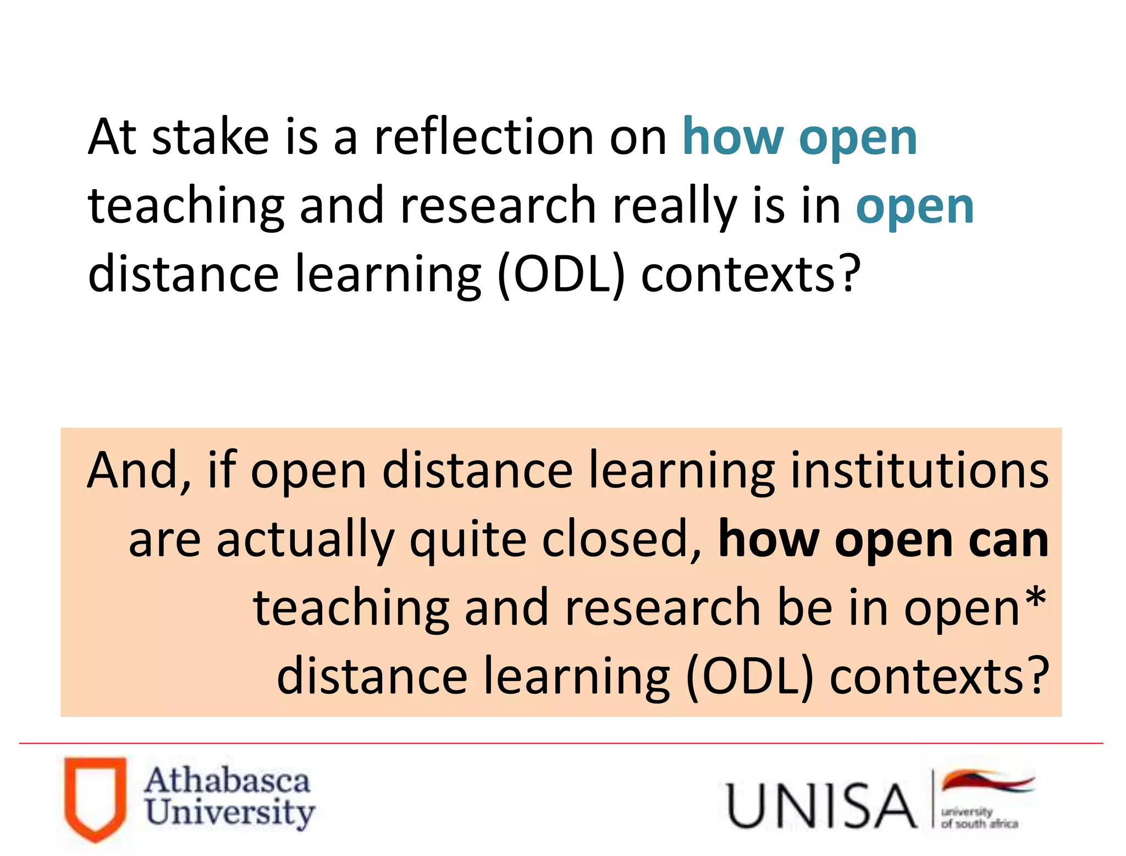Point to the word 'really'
[675, 207]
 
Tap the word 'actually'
[305, 540]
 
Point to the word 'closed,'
[622, 540]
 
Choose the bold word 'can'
[1008, 540]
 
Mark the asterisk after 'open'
[1036, 600]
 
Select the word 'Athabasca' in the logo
[227, 781]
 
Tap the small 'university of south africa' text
[979, 817]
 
